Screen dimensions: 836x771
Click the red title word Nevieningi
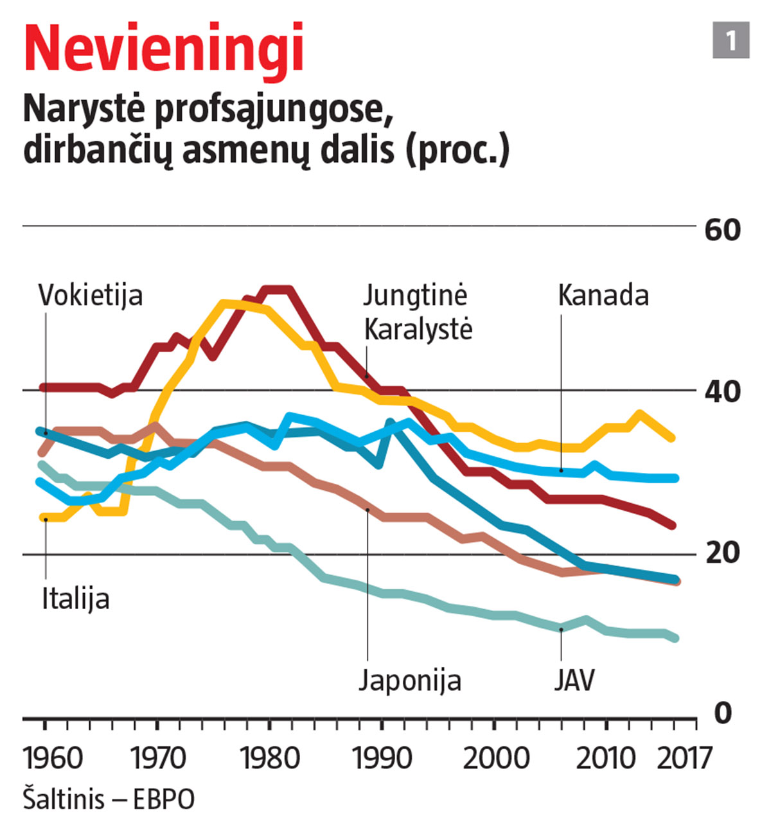pyautogui.click(x=163, y=50)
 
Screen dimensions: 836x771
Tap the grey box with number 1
pyautogui.click(x=731, y=40)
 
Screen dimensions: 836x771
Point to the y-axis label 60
pyautogui.click(x=722, y=230)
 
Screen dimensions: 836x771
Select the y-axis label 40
pyautogui.click(x=722, y=391)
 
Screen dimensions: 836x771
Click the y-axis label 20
pyautogui.click(x=722, y=553)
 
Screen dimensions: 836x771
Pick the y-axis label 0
pyautogui.click(x=723, y=713)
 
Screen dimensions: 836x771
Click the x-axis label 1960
pyautogui.click(x=53, y=759)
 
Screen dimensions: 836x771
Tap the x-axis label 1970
pyautogui.click(x=158, y=759)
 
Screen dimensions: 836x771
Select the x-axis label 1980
pyautogui.click(x=270, y=759)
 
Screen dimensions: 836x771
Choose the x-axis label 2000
pyautogui.click(x=495, y=759)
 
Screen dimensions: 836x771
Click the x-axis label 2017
pyautogui.click(x=685, y=759)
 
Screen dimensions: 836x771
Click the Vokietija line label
pyautogui.click(x=91, y=296)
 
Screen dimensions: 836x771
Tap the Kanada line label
pyautogui.click(x=603, y=296)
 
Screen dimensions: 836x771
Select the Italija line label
pyautogui.click(x=76, y=599)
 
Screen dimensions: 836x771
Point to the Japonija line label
pyautogui.click(x=410, y=680)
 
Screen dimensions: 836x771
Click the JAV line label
pyautogui.click(x=574, y=680)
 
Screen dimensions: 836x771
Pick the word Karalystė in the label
pyautogui.click(x=418, y=330)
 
